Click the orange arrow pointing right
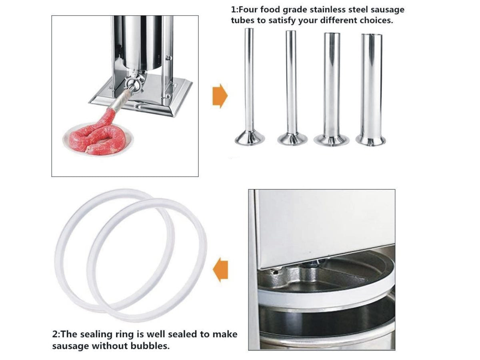coord(220,96)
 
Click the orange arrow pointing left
coord(220,269)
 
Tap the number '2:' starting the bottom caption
coord(56,334)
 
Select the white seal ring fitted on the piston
coord(326,294)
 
